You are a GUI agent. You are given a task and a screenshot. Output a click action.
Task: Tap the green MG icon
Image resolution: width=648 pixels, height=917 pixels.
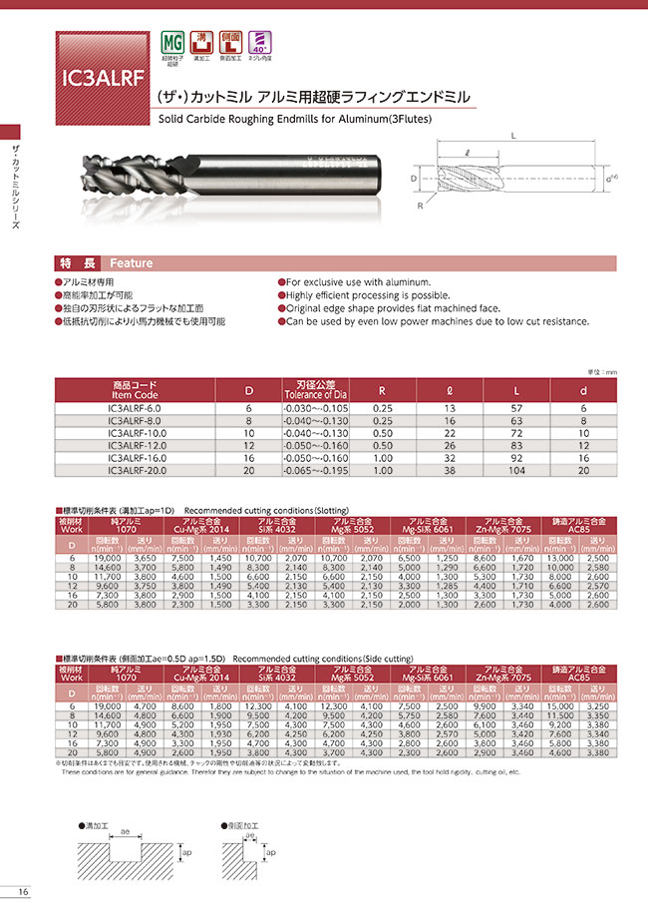click(170, 42)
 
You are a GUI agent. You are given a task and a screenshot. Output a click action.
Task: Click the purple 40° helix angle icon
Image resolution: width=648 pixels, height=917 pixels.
click(261, 42)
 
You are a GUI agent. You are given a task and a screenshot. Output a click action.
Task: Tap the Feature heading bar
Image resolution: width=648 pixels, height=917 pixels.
click(131, 263)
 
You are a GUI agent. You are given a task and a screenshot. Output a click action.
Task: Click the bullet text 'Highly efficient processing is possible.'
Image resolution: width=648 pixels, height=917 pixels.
click(367, 295)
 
